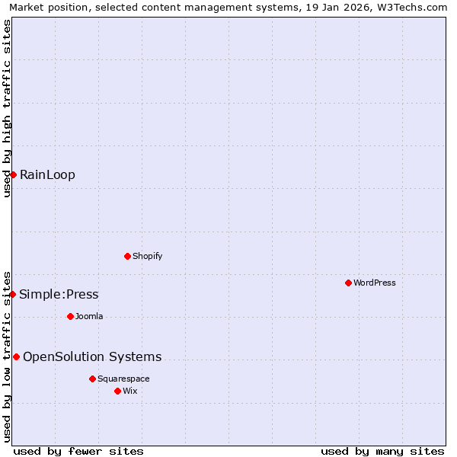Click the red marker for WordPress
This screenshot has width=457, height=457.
(x=348, y=283)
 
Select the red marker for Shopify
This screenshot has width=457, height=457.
(x=127, y=256)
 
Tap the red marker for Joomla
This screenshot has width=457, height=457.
(x=70, y=316)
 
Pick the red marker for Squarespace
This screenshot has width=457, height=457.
(x=92, y=379)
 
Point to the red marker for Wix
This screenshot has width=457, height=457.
(x=117, y=391)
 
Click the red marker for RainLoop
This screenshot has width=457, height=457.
(x=13, y=174)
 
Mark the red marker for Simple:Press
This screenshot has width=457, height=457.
(x=12, y=294)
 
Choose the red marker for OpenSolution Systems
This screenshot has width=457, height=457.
(x=16, y=356)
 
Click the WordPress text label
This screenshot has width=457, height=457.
(x=375, y=283)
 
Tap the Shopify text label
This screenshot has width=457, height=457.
(x=147, y=256)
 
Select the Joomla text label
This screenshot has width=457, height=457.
(x=89, y=316)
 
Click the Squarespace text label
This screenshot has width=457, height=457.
(x=123, y=379)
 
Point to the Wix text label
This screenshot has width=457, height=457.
(x=130, y=391)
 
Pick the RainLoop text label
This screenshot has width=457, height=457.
(x=47, y=174)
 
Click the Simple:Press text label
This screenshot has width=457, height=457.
(x=59, y=295)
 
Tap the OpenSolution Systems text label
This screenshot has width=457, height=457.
(x=92, y=356)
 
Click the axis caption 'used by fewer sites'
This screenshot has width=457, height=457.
(x=78, y=451)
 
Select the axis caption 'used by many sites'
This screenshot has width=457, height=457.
(x=382, y=451)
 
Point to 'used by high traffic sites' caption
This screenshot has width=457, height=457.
(x=7, y=108)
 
